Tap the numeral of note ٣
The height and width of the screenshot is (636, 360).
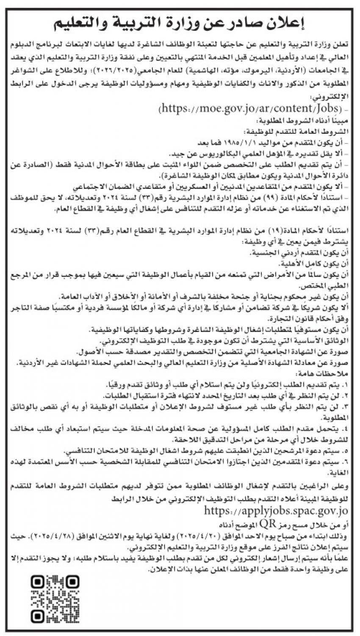point(346,407)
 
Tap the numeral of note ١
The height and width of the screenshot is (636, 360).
point(346,384)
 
